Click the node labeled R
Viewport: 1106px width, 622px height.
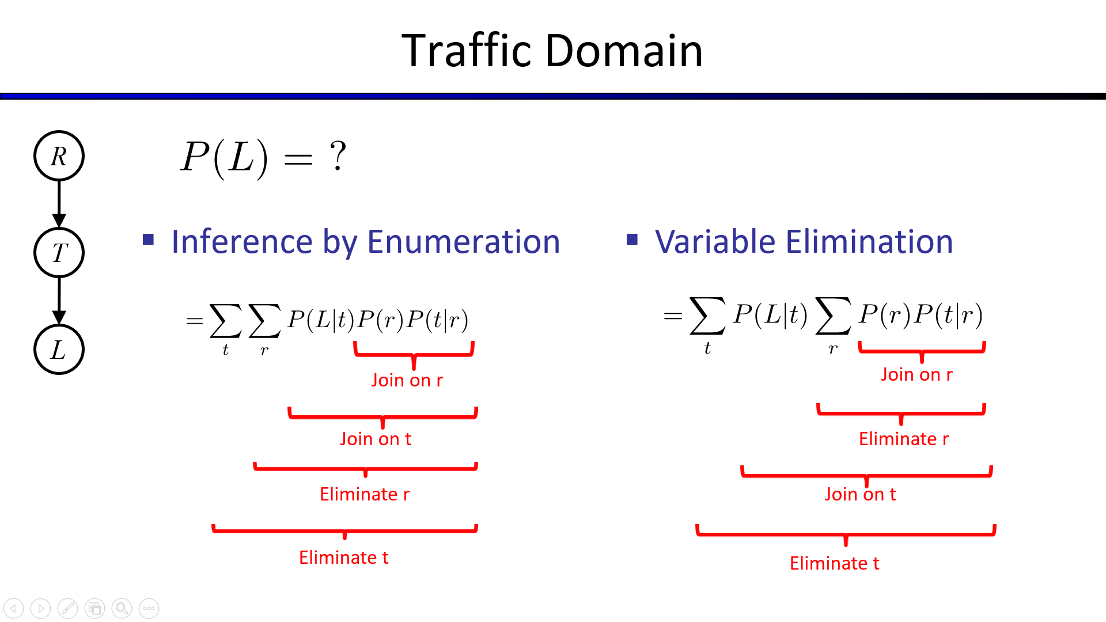pos(59,155)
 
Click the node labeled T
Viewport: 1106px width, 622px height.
pos(59,252)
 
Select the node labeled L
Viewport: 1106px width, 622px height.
pos(59,349)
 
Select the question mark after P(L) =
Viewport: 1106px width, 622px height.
pos(338,156)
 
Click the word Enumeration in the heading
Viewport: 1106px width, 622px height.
pos(463,241)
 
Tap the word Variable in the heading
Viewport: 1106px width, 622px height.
pos(715,241)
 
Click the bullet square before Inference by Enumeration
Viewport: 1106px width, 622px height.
pos(149,239)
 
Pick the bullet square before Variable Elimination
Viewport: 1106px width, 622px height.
pos(632,239)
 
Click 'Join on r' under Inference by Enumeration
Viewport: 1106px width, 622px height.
pos(407,380)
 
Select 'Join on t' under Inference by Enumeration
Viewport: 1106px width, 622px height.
pos(375,439)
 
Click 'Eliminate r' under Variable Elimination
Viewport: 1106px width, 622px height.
pos(903,439)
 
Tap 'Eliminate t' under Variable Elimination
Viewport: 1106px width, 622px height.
pos(834,563)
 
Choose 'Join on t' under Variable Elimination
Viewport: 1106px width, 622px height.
pos(860,494)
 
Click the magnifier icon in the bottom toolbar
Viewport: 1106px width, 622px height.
pos(122,608)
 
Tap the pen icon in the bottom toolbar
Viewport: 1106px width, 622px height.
pos(67,608)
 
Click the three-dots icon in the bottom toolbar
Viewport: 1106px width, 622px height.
pos(149,608)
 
